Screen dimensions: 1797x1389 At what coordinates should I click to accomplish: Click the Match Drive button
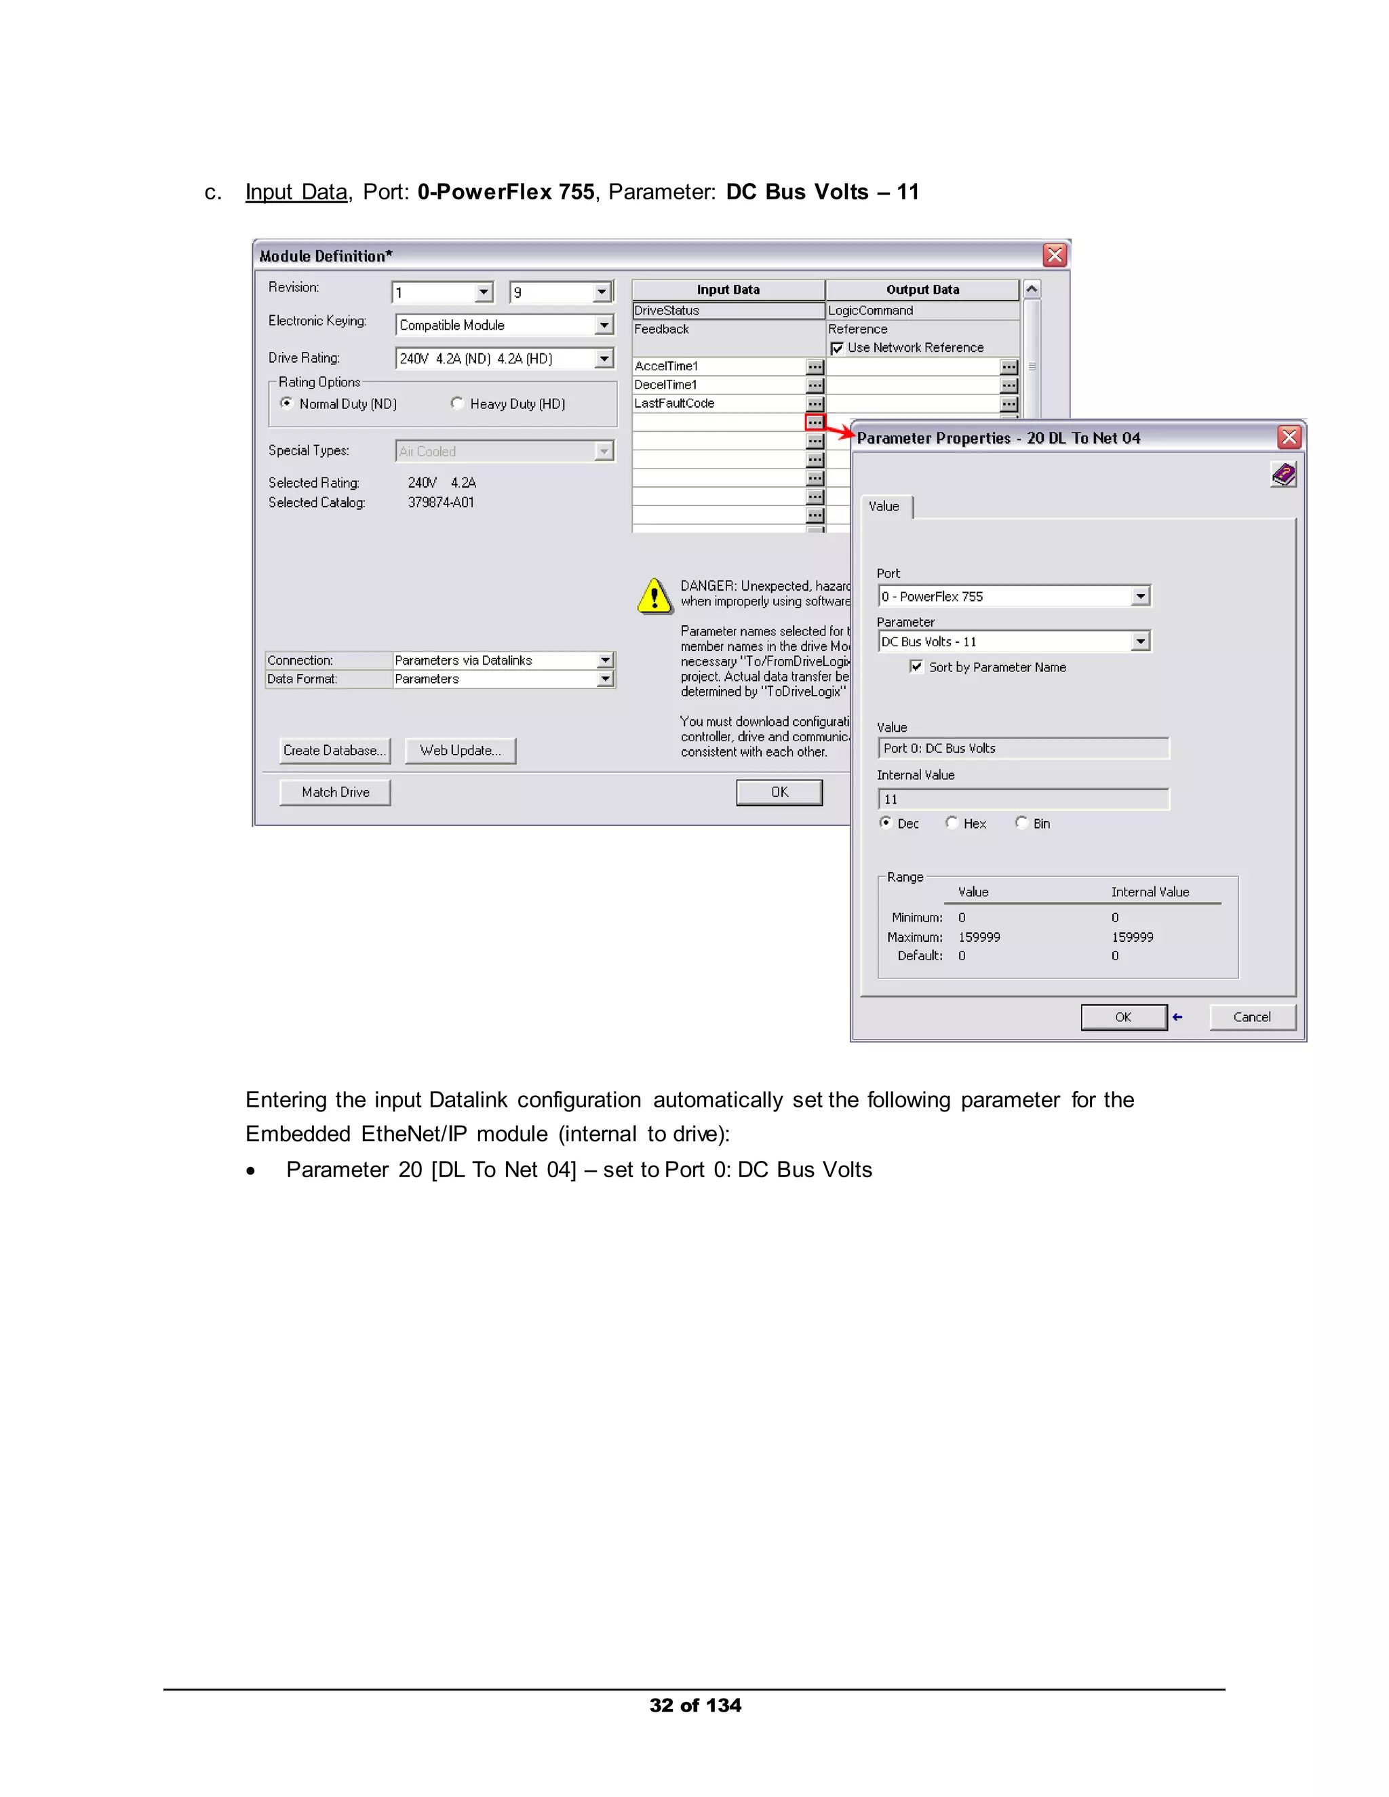(x=335, y=792)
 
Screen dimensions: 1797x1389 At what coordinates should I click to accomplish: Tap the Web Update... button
(x=460, y=751)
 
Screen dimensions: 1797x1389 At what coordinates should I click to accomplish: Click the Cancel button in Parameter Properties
(x=1251, y=1017)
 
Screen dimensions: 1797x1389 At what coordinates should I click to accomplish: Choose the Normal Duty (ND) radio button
(x=286, y=403)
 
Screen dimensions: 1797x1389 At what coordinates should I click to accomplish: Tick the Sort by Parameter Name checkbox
(x=916, y=667)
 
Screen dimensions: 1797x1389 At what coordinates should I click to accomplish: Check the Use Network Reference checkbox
(x=837, y=348)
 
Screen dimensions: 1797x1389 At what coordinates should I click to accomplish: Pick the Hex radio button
(x=952, y=823)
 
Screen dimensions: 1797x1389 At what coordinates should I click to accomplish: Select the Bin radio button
(x=1021, y=823)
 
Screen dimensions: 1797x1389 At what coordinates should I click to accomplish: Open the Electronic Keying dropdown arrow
(x=604, y=325)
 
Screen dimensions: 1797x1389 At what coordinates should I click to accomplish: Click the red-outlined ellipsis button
(x=815, y=422)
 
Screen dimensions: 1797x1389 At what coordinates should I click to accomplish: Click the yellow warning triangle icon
(x=655, y=595)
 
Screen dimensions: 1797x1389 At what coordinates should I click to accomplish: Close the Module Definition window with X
(x=1054, y=255)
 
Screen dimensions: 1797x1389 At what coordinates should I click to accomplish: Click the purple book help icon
(x=1283, y=475)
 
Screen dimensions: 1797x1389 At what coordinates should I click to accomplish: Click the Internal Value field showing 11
(x=1023, y=799)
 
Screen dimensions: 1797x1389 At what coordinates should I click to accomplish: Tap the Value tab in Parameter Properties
(x=884, y=506)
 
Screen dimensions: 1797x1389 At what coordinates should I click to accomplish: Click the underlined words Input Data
(x=296, y=192)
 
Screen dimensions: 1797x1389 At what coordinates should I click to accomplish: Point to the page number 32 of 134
(x=695, y=1705)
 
